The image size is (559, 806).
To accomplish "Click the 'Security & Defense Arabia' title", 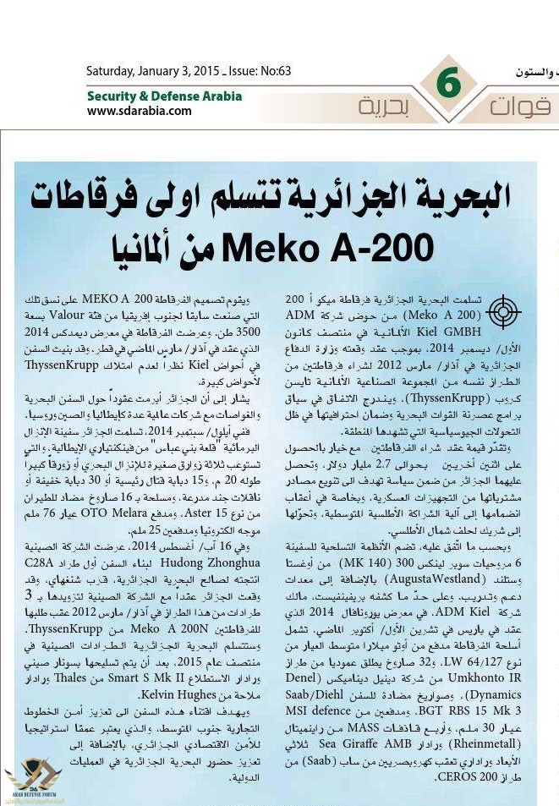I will (x=164, y=96).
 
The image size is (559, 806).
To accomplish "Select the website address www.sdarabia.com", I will (x=139, y=111).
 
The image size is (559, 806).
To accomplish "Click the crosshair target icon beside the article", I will (x=503, y=312).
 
